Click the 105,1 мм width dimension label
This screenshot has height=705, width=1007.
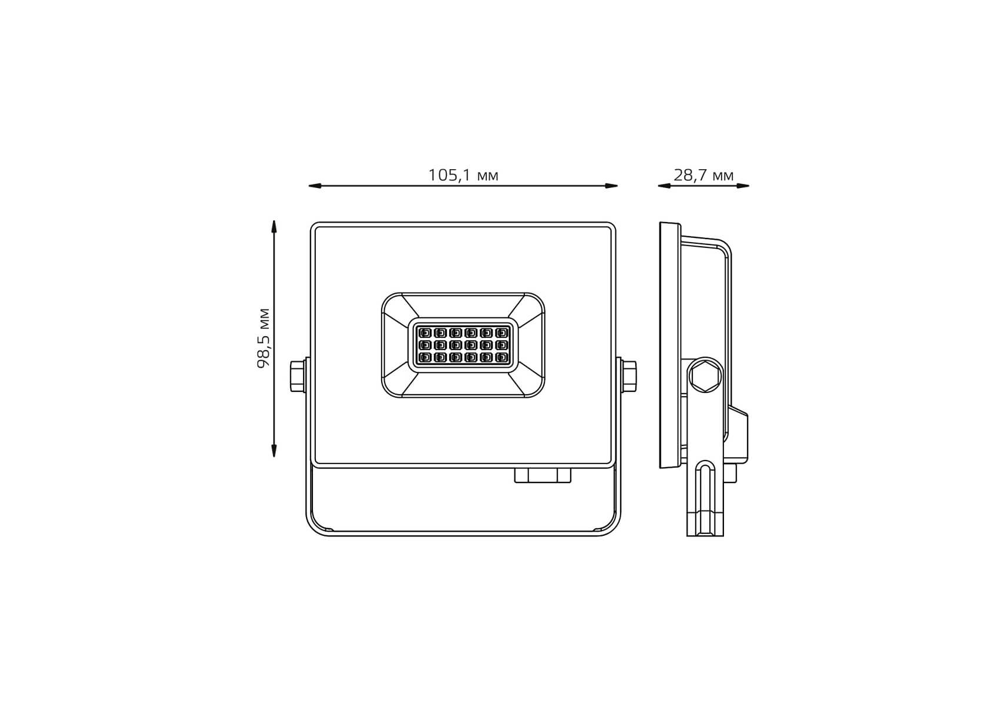463,175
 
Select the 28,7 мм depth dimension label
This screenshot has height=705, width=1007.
703,175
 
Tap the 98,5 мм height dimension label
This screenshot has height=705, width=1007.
264,338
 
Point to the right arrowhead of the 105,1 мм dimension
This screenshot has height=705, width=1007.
611,186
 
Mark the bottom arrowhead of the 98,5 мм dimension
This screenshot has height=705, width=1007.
274,451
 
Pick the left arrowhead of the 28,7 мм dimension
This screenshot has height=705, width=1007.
664,186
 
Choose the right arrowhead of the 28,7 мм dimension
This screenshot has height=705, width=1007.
743,186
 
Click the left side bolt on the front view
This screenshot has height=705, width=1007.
298,375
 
